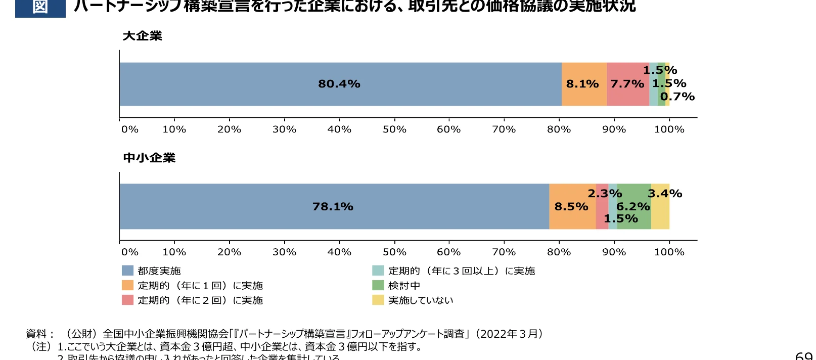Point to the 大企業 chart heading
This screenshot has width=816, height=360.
click(x=143, y=36)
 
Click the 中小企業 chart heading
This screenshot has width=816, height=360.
click(x=149, y=158)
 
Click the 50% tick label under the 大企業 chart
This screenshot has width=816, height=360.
click(x=394, y=129)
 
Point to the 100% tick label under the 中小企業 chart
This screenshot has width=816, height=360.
click(x=669, y=252)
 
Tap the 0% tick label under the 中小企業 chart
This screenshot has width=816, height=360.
click(x=130, y=252)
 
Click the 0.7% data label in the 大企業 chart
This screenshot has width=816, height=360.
click(x=677, y=97)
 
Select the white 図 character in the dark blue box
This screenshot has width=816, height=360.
click(x=40, y=7)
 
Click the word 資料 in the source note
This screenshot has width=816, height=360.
click(x=36, y=334)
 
